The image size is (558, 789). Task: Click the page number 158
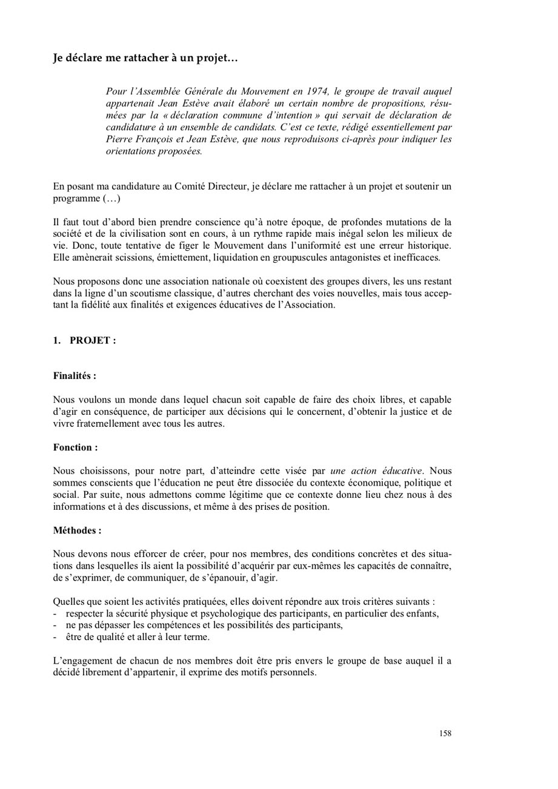point(445,733)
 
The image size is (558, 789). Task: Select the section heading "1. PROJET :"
point(84,340)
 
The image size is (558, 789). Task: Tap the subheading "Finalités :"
point(75,376)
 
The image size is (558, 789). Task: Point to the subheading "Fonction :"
point(75,447)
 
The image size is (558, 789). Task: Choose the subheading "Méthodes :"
point(77,530)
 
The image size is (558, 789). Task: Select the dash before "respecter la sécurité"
point(55,613)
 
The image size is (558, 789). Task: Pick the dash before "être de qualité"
point(55,637)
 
